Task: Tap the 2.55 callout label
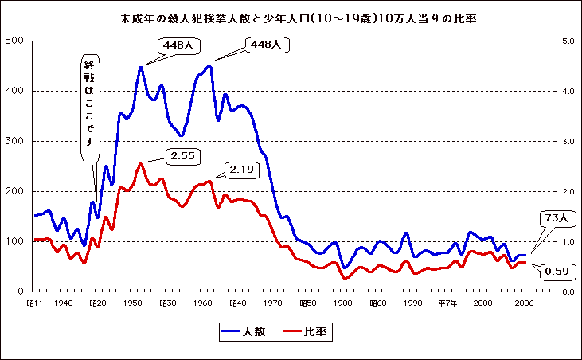coord(183,155)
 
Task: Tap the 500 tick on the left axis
coord(14,41)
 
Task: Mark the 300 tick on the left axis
coord(14,141)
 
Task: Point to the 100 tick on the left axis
coord(14,241)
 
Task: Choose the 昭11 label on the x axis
coord(35,303)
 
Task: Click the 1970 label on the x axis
coord(274,303)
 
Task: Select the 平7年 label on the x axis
coord(447,303)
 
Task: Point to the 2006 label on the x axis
coord(522,303)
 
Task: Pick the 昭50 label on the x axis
coord(308,303)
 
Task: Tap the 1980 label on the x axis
coord(344,303)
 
